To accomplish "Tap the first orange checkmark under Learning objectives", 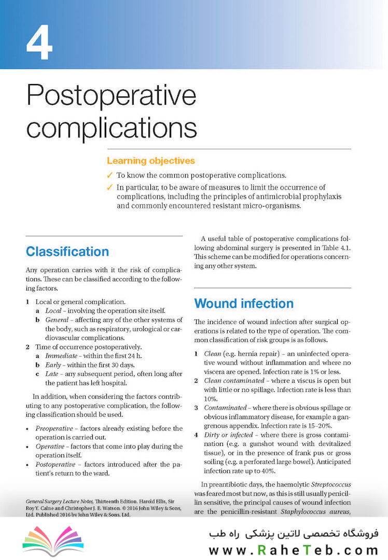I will tap(110, 176).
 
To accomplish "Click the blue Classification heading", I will tap(67, 252).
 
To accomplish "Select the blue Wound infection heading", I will tap(243, 303).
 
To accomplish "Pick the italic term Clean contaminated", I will tap(229, 380).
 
